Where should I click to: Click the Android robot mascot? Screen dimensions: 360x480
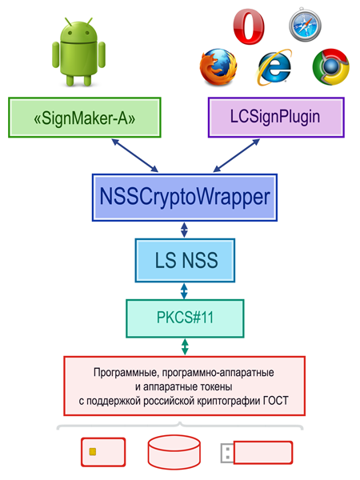(78, 52)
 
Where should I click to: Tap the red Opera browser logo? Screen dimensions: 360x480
(249, 26)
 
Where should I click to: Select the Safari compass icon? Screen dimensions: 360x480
(305, 25)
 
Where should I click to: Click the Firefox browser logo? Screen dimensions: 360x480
(218, 67)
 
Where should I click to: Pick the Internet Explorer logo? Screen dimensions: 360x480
(274, 67)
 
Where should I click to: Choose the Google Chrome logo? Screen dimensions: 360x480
(331, 67)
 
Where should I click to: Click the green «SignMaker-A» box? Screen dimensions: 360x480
(85, 118)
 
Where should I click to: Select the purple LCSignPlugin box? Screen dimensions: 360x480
(276, 118)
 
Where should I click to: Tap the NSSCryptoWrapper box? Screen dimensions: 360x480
(185, 198)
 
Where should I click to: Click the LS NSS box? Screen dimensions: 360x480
(185, 260)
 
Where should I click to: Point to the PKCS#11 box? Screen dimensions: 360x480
(185, 318)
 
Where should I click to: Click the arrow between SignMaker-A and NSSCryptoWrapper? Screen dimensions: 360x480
(134, 155)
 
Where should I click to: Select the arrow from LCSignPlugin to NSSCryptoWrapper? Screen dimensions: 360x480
(236, 155)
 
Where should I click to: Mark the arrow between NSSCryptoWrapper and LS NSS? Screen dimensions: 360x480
(184, 230)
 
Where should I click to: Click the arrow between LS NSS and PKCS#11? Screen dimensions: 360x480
(184, 291)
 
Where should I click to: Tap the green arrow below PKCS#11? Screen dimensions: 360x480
(185, 347)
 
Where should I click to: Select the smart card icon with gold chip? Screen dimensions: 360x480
(103, 452)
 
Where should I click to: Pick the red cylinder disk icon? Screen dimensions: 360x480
(174, 452)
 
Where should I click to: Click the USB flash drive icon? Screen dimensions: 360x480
(257, 453)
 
